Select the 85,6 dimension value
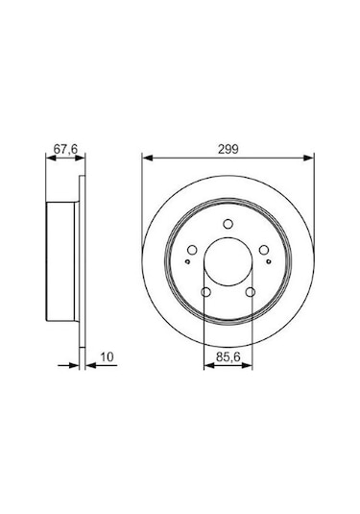(228, 357)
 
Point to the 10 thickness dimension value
(107, 357)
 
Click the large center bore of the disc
(228, 258)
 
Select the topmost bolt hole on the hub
(228, 227)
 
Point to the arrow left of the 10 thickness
(74, 366)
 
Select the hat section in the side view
(63, 259)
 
